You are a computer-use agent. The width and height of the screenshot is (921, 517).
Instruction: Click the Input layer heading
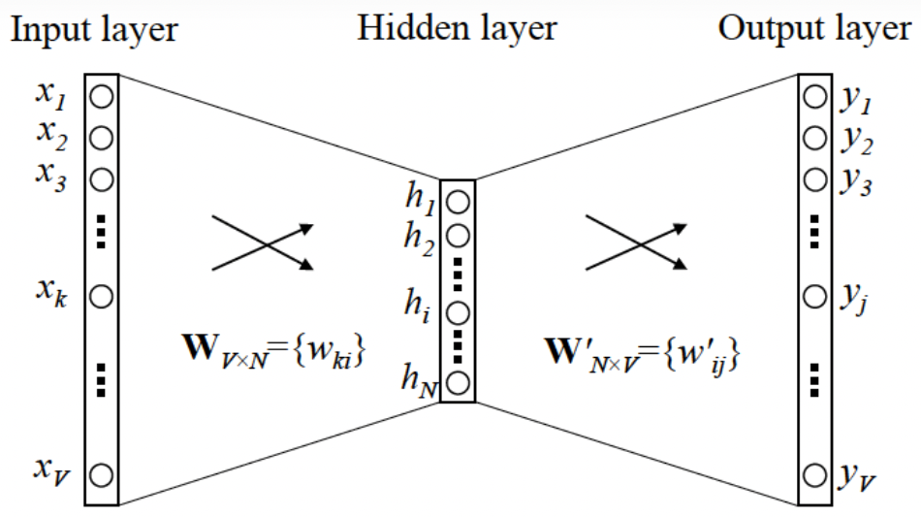pos(93,29)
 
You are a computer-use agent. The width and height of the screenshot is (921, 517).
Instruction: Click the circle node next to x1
pos(102,96)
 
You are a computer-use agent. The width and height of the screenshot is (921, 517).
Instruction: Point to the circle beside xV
pos(102,475)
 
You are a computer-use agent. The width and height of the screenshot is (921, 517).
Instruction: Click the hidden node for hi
pos(460,312)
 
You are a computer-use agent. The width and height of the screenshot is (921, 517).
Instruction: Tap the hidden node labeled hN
pos(460,380)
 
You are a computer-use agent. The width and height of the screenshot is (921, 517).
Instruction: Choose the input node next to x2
pos(102,138)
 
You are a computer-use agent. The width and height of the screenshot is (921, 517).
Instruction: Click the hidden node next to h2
pos(460,235)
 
